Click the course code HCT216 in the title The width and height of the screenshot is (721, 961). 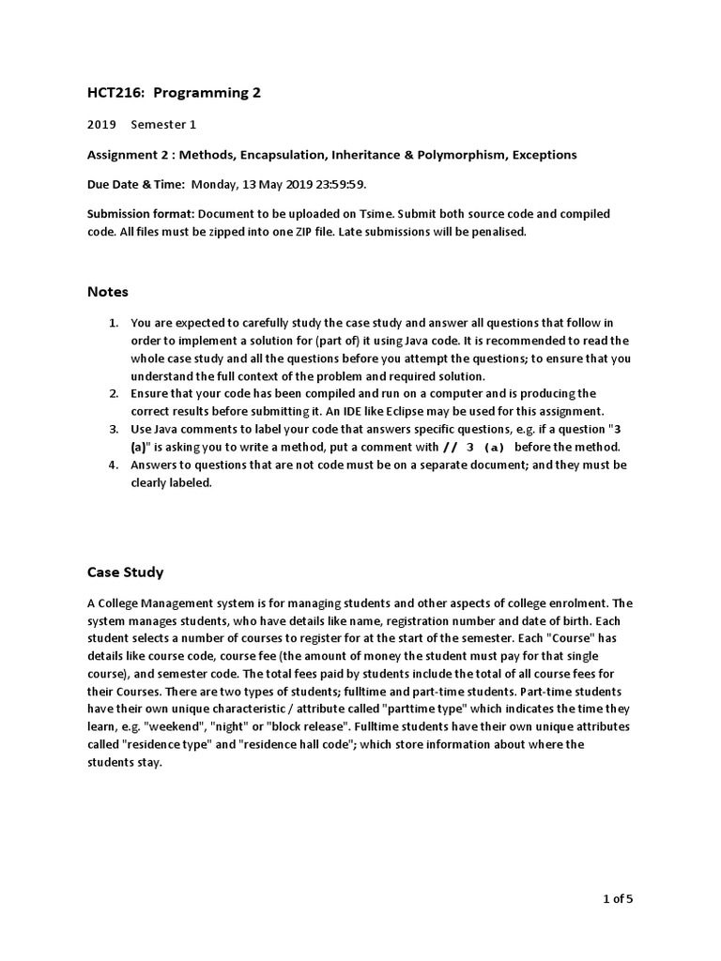(x=112, y=92)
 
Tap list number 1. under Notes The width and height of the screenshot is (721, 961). (x=114, y=323)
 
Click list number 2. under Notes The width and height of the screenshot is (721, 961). (x=114, y=393)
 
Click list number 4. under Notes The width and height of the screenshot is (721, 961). (x=114, y=465)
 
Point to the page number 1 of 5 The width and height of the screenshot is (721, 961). (x=618, y=900)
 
